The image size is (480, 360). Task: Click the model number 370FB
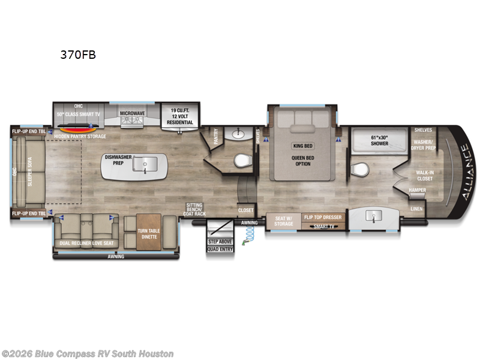tap(77, 55)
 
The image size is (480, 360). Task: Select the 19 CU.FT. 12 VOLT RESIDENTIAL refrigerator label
tap(179, 115)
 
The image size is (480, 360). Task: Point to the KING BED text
tap(303, 146)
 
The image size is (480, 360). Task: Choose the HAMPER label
tap(417, 190)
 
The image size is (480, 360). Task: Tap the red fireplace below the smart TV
tap(76, 128)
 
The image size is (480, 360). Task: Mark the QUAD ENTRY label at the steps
tap(220, 249)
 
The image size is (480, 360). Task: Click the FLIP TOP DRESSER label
tap(323, 217)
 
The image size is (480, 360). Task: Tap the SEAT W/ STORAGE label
tap(284, 221)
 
